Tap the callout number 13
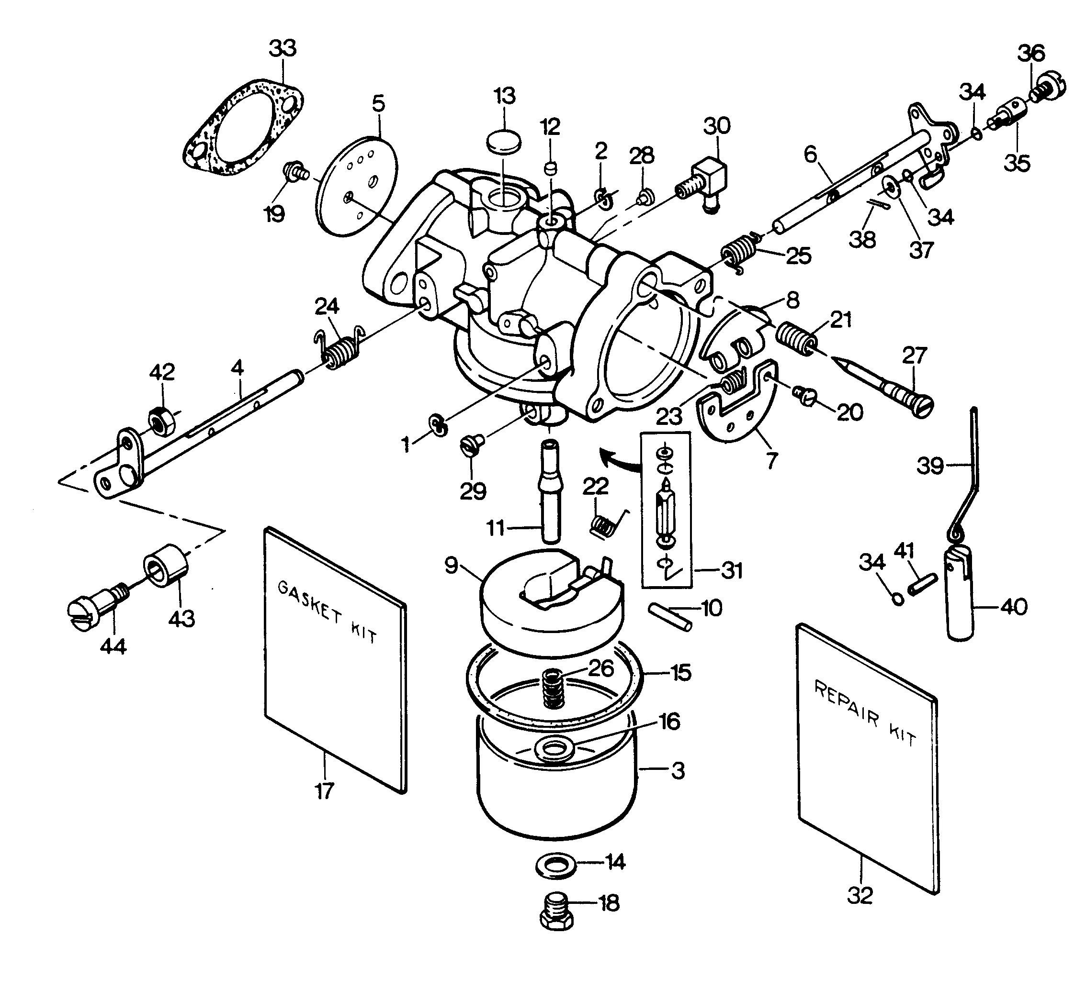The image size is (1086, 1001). (505, 97)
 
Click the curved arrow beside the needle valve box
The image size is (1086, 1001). (618, 459)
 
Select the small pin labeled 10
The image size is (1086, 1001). (670, 618)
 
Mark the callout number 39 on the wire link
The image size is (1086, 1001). (930, 467)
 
